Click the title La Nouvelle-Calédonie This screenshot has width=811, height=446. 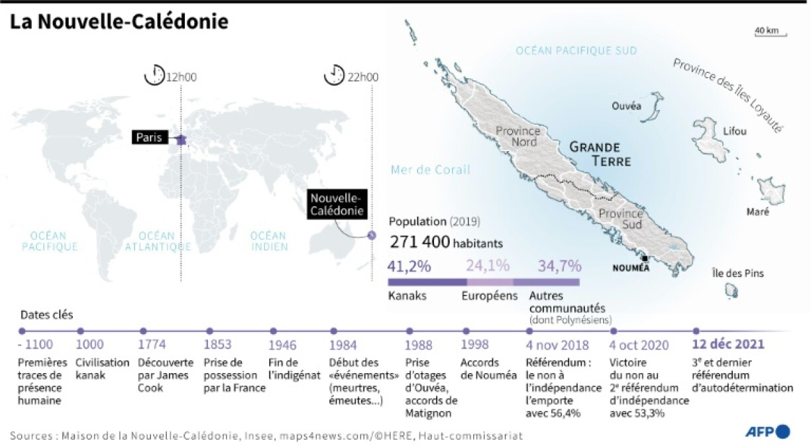[119, 21]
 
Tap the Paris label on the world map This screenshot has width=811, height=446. [151, 138]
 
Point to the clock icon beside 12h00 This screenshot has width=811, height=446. [154, 75]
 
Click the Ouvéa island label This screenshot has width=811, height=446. [626, 106]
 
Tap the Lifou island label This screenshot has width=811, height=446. [735, 131]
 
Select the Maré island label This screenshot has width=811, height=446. [758, 212]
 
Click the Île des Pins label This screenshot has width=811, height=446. [737, 273]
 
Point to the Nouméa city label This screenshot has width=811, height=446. [631, 268]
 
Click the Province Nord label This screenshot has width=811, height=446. [517, 136]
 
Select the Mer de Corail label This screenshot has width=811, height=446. [431, 170]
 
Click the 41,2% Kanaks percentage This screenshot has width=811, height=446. [409, 266]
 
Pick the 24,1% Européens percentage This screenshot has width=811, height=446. [488, 266]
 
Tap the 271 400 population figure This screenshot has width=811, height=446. [420, 243]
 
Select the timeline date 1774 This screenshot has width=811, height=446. [152, 345]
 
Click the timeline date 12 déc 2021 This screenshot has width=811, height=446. [728, 345]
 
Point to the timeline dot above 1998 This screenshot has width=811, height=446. [466, 330]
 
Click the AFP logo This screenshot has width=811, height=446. [768, 431]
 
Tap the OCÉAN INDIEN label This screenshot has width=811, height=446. [269, 241]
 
